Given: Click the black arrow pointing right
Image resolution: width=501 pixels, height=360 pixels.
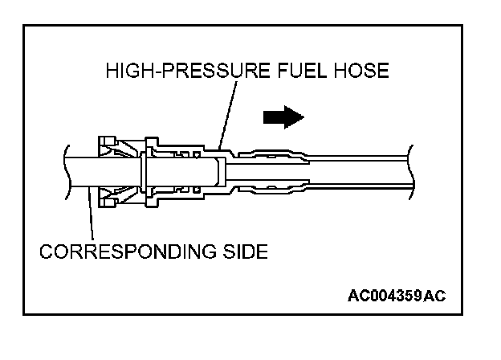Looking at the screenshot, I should point(283,117).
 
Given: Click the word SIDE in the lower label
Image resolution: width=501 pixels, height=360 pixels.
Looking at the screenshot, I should point(242,251).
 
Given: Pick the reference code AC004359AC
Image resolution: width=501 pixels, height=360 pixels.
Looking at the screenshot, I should point(396,295).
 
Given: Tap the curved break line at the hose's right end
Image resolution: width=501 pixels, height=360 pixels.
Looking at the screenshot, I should point(410,170).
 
